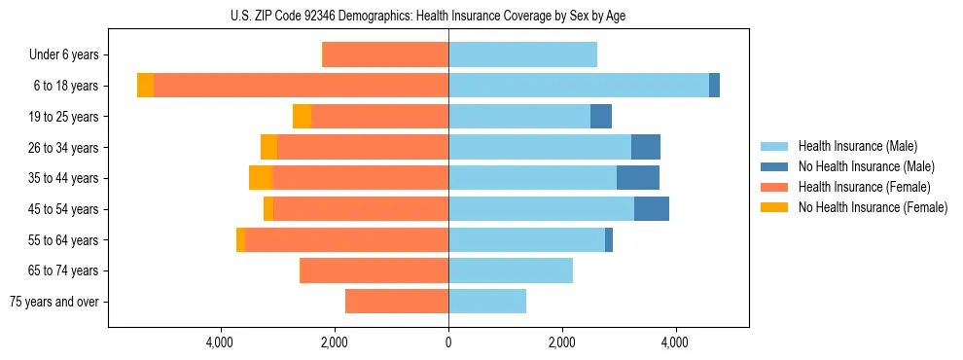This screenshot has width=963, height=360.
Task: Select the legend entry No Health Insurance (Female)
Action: (873, 207)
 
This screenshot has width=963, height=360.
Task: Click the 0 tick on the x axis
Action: (448, 342)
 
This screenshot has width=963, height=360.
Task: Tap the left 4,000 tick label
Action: (220, 342)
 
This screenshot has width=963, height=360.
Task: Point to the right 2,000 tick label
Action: (561, 342)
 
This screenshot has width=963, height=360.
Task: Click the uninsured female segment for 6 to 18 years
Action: (145, 86)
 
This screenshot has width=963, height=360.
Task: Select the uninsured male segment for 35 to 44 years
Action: (638, 178)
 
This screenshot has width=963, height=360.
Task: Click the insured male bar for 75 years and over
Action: (487, 302)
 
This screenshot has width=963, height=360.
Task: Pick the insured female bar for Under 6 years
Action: (385, 55)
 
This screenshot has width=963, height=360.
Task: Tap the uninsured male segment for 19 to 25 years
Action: (601, 117)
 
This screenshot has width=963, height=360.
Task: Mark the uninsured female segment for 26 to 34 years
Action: (268, 147)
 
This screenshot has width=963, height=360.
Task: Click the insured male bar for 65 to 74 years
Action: (511, 270)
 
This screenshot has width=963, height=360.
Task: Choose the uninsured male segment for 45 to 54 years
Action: (652, 209)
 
